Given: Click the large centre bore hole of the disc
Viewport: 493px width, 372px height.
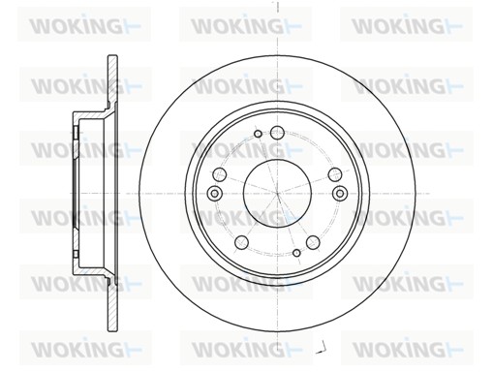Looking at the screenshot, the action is (277, 193).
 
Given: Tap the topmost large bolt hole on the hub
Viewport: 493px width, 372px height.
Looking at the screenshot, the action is (277, 133).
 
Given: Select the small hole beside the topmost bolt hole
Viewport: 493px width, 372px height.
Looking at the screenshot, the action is (258, 134).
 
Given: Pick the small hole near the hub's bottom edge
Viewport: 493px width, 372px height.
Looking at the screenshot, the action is (296, 253).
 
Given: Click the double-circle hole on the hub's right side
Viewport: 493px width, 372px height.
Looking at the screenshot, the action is (340, 193).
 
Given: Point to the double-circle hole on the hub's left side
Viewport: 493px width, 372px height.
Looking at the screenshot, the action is (214, 193).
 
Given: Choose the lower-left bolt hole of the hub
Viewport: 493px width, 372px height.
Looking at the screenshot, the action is (241, 242).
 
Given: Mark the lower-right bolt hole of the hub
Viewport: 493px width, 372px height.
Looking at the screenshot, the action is (313, 242).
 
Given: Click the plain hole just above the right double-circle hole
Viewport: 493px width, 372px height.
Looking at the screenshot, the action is (335, 174).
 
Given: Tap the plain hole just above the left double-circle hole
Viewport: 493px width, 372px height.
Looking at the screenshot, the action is (220, 174).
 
